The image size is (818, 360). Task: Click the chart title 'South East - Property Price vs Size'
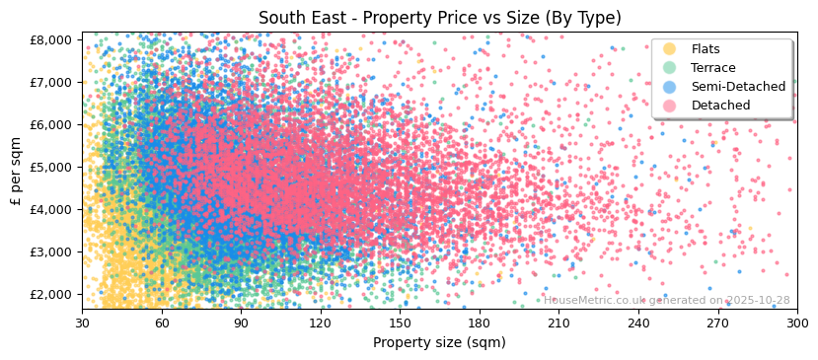click(439, 18)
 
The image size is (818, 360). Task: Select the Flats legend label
click(706, 49)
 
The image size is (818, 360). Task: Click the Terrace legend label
click(713, 68)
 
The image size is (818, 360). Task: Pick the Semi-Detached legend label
click(738, 87)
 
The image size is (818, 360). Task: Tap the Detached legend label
click(720, 106)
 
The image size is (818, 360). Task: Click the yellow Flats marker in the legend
click(670, 49)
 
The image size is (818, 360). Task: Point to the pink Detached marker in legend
click(670, 106)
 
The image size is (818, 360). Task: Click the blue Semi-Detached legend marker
click(670, 87)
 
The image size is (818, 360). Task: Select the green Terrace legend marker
click(670, 68)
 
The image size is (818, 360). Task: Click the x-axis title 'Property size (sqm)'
click(439, 343)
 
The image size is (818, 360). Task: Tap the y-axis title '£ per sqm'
click(16, 172)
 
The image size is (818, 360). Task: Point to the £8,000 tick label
click(51, 39)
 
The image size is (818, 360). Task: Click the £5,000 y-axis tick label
click(51, 167)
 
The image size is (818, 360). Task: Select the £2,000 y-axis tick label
click(51, 294)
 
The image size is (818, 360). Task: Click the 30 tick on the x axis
click(82, 323)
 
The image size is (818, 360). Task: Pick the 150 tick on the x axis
click(400, 323)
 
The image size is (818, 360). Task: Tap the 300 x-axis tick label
click(796, 323)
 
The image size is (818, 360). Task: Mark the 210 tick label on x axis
click(558, 323)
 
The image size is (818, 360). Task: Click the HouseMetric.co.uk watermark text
click(666, 301)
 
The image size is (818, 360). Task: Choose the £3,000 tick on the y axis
click(51, 252)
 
